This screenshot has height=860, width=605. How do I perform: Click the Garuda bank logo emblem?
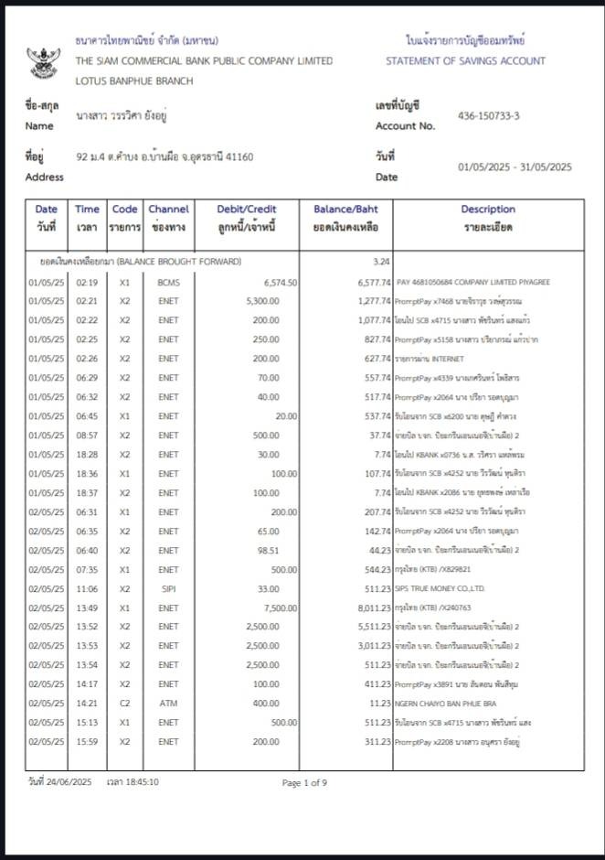[x=42, y=61]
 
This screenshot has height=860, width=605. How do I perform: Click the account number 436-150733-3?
[x=488, y=115]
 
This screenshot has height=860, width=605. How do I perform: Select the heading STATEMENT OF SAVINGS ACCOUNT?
[x=465, y=61]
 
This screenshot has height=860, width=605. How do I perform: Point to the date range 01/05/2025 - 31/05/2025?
[x=515, y=167]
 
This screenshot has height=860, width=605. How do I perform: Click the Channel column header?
[x=168, y=218]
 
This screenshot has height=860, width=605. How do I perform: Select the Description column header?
[x=488, y=218]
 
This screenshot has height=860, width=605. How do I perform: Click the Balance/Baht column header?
[x=345, y=218]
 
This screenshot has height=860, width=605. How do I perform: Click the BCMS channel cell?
[x=168, y=282]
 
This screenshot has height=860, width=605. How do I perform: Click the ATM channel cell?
[x=168, y=703]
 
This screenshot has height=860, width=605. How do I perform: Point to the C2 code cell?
[x=124, y=703]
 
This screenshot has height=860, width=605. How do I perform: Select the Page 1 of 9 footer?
[x=304, y=782]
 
